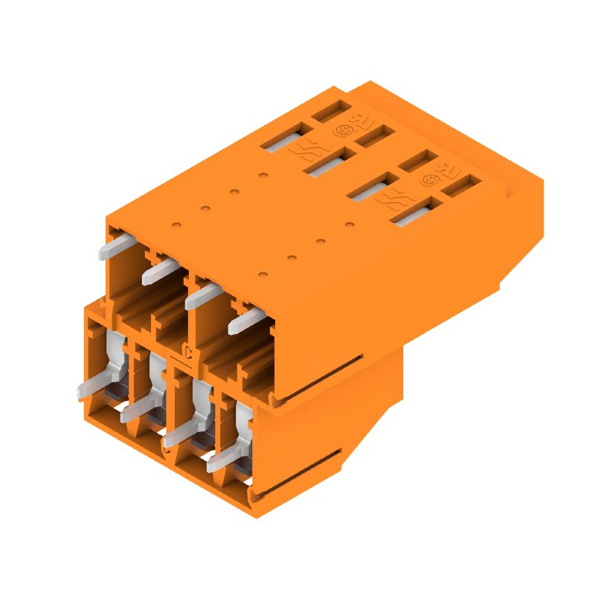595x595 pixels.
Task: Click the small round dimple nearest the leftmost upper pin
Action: (176, 222)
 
